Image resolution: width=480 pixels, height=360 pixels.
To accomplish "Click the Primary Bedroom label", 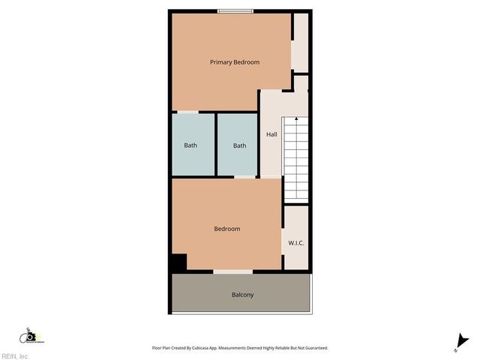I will pos(235,62).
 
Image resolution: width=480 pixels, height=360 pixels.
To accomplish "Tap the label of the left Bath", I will pos(190,145).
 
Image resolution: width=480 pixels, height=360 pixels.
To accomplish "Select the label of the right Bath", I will pos(239,145).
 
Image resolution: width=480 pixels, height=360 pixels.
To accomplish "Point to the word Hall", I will pos(271,134).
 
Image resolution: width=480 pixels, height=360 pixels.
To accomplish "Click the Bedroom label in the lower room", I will pos(227,229).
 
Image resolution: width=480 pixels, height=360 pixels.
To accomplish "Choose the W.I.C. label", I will pos(296,243).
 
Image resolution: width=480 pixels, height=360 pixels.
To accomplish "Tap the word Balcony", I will pos(242,295).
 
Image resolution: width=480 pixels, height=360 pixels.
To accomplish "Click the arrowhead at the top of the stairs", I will pos(296,118).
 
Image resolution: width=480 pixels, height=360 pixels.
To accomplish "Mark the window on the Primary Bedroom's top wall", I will pos(235,11).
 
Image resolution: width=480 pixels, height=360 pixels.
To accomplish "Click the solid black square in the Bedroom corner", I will pos(178,263).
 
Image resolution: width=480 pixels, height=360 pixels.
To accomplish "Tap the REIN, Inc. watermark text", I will pos(15,356).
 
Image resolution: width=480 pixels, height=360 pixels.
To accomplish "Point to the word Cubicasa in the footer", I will pos(212,348).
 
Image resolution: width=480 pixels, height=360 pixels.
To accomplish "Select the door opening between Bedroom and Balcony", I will pos(232,271).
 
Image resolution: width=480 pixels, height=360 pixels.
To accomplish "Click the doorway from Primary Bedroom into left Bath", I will pos(187,112).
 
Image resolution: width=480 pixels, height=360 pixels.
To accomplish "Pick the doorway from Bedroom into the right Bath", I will pos(244,178).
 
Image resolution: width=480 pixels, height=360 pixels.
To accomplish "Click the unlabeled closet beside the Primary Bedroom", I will pos(300,43).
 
